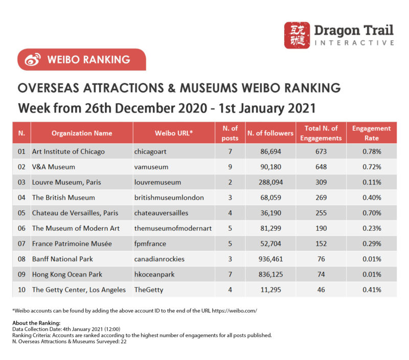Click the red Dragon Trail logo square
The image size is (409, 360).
[297, 35]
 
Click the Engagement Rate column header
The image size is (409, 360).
[371, 133]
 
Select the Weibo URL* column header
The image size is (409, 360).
[173, 133]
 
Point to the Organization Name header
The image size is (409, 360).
[82, 133]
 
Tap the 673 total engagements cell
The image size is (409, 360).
[321, 151]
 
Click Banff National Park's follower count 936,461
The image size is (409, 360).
[270, 259]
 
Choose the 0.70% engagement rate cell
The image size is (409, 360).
[371, 213]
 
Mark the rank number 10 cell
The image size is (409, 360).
[21, 289]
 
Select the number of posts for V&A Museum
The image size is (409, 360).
[230, 167]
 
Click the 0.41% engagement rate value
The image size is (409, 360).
[371, 289]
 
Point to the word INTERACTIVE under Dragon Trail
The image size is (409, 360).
[354, 43]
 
